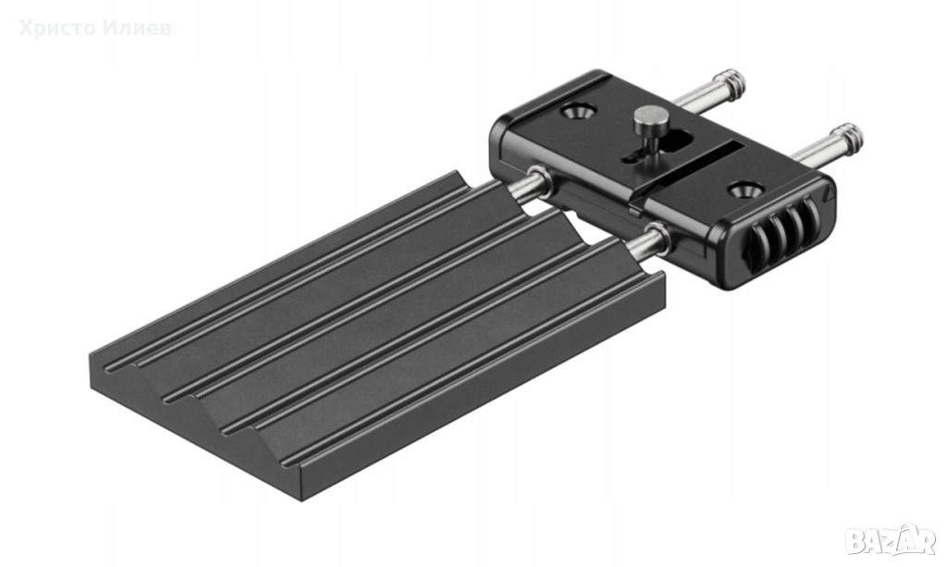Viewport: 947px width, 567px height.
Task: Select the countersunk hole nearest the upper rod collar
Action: point(579,111)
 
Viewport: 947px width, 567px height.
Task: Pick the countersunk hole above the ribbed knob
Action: point(744,190)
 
